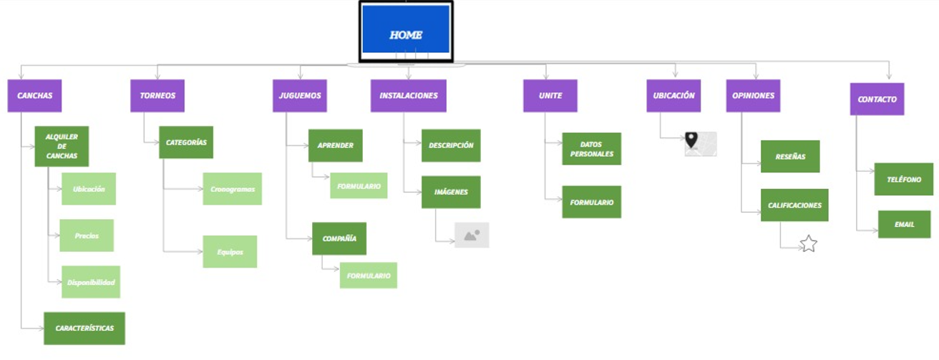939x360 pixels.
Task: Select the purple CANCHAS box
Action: tap(34, 96)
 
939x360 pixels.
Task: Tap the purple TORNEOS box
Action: tap(157, 96)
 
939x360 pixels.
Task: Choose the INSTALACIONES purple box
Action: tap(408, 96)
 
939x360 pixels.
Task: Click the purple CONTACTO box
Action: tap(877, 99)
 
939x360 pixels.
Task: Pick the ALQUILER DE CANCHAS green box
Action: tap(62, 146)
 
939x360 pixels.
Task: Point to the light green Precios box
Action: tap(87, 235)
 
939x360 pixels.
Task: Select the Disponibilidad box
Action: tap(91, 282)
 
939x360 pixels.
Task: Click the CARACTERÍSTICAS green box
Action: tap(84, 328)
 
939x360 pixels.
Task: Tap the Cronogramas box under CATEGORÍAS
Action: tap(232, 189)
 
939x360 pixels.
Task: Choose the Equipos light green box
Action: tap(230, 252)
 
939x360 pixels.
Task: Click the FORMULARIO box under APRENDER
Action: tap(359, 185)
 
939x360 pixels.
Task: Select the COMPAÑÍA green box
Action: tap(339, 238)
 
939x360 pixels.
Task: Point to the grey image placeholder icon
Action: tap(472, 235)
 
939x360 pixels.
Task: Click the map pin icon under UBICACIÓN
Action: tap(692, 141)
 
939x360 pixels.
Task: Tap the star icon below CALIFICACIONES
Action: tap(808, 244)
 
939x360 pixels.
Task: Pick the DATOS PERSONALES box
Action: tap(591, 149)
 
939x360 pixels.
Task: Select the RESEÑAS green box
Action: tap(790, 156)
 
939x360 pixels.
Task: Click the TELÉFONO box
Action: tap(903, 179)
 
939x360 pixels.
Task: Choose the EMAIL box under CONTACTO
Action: tap(904, 224)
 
